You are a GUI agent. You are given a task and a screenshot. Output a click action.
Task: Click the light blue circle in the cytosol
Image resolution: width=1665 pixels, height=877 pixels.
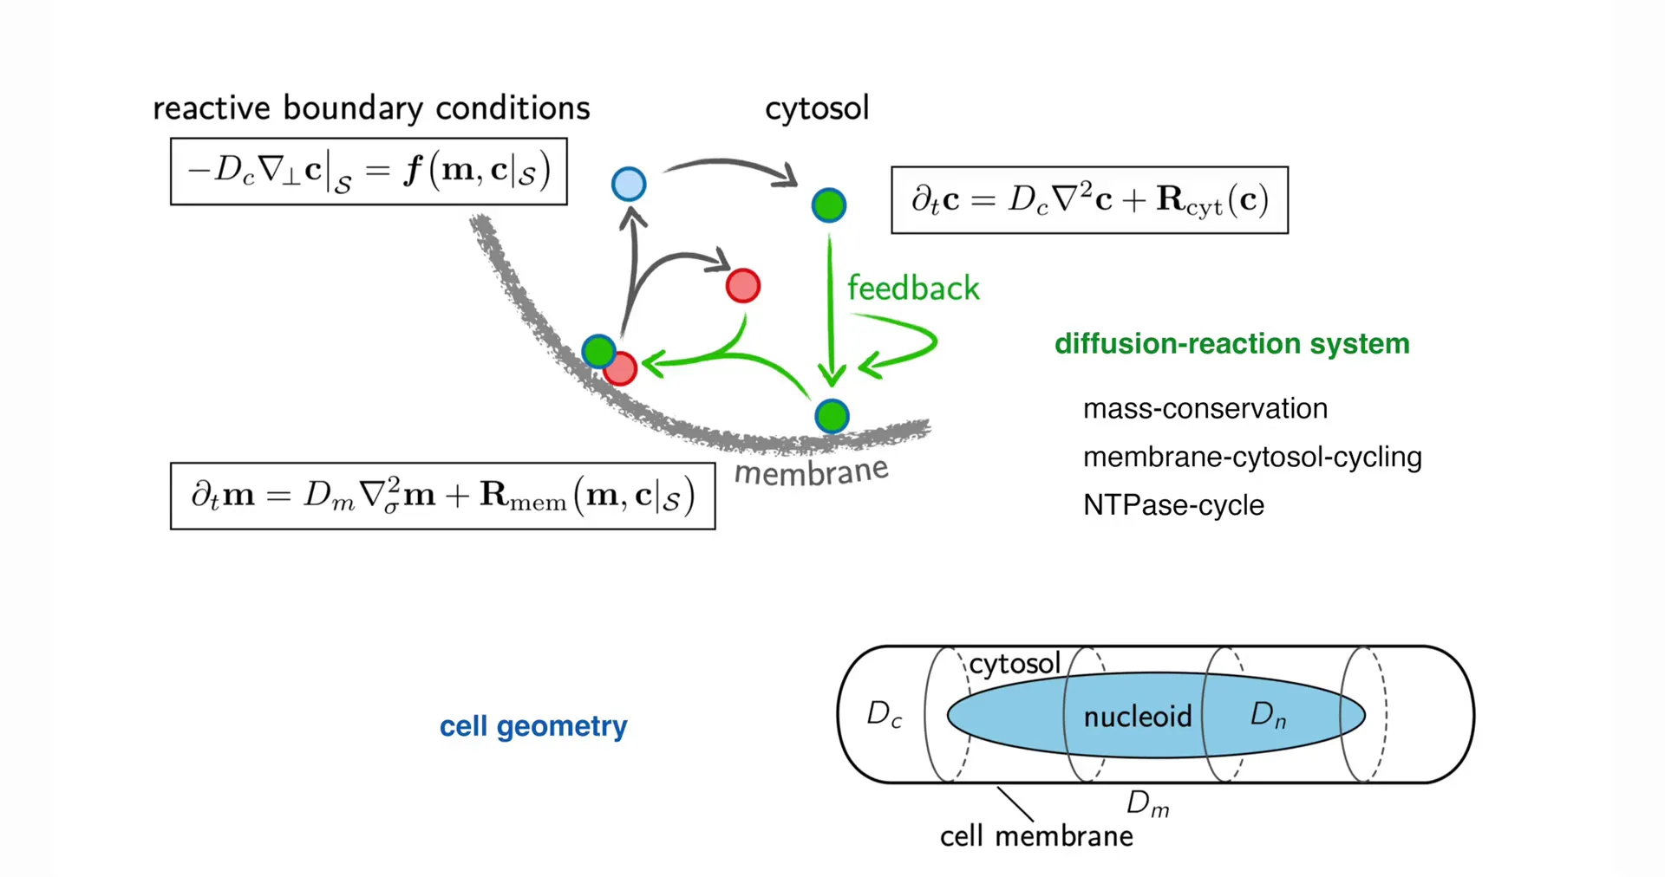tap(629, 184)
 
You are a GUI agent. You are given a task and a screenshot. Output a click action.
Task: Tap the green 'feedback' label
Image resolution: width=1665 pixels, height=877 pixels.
tap(913, 289)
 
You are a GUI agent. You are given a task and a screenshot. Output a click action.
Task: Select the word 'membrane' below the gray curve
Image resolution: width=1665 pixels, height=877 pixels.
tap(811, 472)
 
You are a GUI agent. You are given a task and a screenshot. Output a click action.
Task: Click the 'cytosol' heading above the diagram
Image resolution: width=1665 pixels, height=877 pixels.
tap(816, 108)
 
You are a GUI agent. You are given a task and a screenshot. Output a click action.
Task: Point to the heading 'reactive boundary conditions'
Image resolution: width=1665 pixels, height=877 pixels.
tap(371, 108)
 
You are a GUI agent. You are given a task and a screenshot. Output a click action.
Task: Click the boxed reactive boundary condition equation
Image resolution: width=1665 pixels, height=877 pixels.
tap(369, 172)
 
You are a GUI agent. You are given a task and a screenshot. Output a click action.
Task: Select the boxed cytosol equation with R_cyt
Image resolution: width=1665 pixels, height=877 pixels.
tap(1089, 200)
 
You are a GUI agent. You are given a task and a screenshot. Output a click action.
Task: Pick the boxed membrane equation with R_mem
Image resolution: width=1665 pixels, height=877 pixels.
tap(442, 496)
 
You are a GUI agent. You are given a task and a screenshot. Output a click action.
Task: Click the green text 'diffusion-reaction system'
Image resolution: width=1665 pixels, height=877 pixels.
tap(1231, 344)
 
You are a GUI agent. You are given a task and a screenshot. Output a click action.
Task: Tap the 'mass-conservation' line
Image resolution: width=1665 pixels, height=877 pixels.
tap(1205, 409)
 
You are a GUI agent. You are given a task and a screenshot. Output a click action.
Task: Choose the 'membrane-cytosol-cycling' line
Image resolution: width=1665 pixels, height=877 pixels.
tap(1252, 457)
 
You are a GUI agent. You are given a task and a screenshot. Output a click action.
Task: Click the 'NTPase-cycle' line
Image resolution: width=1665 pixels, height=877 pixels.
tap(1173, 505)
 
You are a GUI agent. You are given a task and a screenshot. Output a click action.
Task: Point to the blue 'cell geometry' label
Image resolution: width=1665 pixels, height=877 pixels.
tap(532, 726)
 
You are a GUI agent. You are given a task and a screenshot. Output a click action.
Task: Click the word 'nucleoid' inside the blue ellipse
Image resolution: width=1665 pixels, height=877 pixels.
tap(1137, 717)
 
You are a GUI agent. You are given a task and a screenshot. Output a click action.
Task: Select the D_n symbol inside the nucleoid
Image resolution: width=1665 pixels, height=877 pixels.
tap(1268, 715)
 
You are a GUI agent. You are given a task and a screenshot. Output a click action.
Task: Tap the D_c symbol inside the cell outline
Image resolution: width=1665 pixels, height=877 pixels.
tap(885, 715)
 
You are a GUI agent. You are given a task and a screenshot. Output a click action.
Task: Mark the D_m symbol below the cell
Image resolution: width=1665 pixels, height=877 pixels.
tap(1147, 804)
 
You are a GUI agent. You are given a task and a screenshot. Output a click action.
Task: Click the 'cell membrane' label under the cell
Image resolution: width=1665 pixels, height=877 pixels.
tap(1036, 836)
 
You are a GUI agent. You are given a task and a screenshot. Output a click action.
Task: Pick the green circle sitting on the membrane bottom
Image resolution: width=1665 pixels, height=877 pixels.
tap(832, 416)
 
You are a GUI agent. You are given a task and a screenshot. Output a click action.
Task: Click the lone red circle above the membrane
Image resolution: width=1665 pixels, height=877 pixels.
tap(743, 286)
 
